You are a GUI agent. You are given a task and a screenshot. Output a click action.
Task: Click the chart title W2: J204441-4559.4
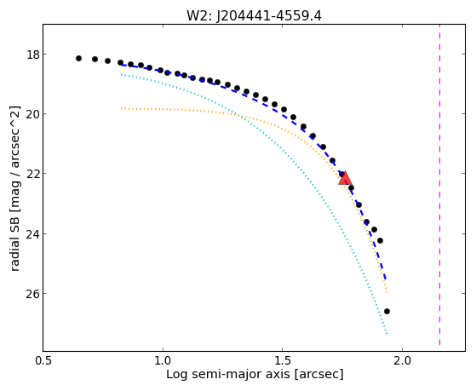254,15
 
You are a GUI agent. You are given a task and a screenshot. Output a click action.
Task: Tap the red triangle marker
345,179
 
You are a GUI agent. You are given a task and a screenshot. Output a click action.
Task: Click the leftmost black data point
78,58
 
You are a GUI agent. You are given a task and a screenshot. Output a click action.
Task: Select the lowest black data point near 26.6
387,312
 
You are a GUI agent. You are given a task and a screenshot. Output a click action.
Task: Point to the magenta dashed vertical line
439,185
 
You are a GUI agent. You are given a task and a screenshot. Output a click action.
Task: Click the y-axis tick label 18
33,55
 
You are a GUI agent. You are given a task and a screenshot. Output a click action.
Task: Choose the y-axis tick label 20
33,114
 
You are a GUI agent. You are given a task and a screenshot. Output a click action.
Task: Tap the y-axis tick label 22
33,174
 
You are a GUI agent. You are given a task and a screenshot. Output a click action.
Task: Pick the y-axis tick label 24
33,234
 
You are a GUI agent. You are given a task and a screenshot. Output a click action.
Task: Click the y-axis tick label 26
33,294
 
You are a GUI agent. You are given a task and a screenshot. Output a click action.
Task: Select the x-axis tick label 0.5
43,361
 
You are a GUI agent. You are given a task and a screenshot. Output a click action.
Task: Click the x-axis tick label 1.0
163,361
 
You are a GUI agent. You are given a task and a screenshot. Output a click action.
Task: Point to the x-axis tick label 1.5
283,361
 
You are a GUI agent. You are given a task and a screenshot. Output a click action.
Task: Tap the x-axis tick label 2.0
402,361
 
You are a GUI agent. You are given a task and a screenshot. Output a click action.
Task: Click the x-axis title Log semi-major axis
228,375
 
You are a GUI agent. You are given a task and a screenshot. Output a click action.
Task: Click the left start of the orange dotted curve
121,108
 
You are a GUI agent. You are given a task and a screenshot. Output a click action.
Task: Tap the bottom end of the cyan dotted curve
387,334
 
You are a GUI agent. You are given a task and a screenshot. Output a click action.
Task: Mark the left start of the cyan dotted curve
121,74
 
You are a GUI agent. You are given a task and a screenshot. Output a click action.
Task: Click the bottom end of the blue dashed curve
386,280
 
